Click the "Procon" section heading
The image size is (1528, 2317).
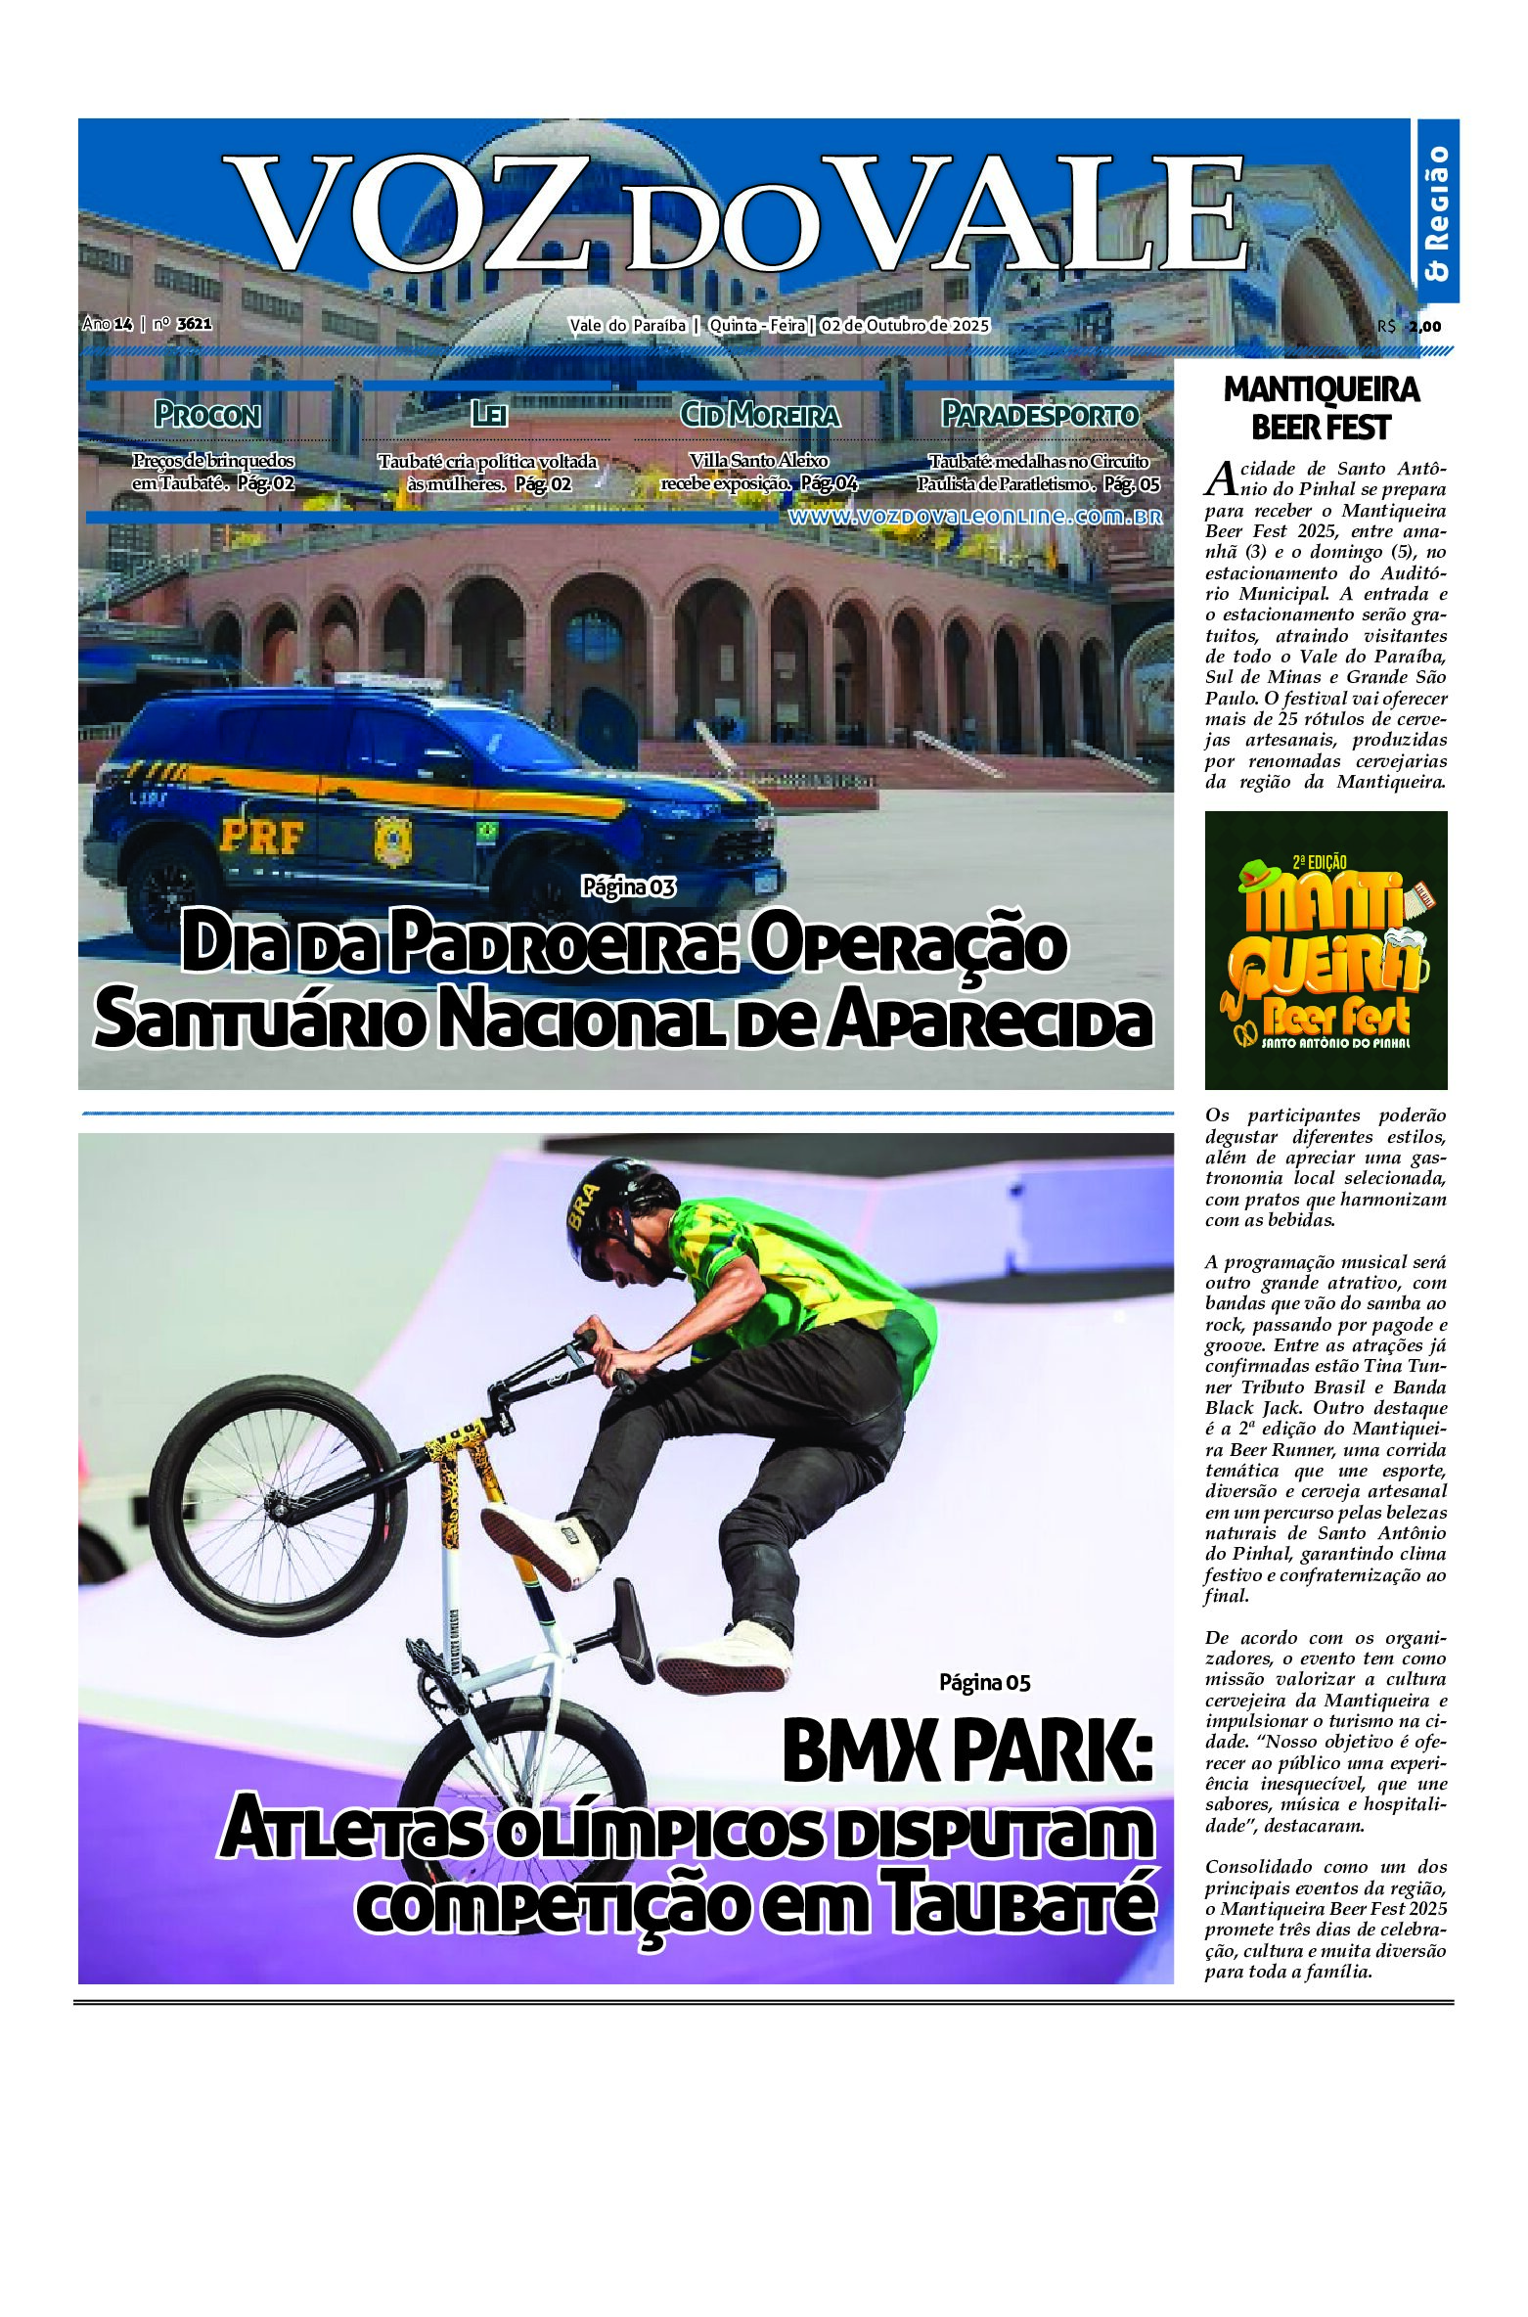(x=207, y=415)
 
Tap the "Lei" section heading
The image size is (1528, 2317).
(x=488, y=415)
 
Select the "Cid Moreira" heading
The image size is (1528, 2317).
(x=760, y=415)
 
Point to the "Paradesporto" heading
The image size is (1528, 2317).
(x=1040, y=415)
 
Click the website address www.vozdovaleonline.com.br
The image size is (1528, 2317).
(x=975, y=518)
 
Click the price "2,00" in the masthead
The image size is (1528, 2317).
(x=1425, y=327)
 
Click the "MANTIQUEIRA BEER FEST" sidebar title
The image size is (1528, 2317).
(x=1321, y=408)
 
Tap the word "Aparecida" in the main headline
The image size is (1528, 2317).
(x=987, y=1021)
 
